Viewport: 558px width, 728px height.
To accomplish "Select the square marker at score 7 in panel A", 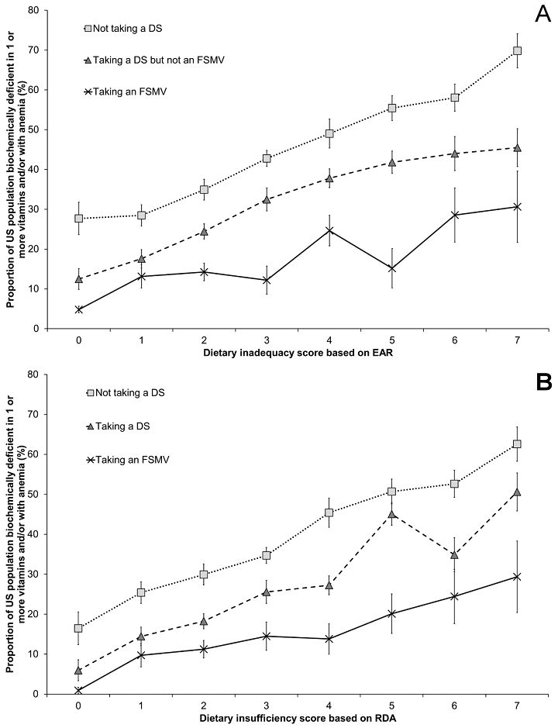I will pos(517,51).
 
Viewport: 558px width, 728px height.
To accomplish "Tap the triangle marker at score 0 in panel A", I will pos(79,279).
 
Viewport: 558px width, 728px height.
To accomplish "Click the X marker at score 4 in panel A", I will pos(329,230).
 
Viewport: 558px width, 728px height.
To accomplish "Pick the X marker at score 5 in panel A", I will pos(392,268).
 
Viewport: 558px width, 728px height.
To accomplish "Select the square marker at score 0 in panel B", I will pos(79,628).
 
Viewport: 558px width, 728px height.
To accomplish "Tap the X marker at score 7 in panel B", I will pos(517,577).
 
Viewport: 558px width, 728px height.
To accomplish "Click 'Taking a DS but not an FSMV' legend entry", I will pos(146,60).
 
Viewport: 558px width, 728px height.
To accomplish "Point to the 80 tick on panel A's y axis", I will pos(36,10).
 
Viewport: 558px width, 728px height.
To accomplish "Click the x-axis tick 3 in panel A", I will pos(267,340).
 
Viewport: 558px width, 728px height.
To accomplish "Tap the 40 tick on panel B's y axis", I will pos(36,534).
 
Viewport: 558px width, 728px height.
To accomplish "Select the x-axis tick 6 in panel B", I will pos(454,705).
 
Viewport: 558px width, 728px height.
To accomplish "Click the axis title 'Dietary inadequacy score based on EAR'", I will pos(298,352).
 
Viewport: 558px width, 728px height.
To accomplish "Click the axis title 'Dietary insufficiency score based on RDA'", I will pos(298,718).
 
